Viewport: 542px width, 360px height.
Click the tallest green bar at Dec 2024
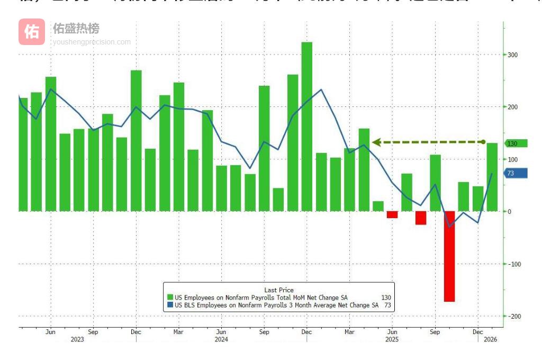[307, 127]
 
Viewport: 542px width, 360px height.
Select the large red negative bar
[449, 256]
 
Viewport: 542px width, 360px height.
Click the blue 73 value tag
[514, 173]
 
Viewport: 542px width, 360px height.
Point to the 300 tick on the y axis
[512, 55]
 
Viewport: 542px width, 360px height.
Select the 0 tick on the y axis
[509, 212]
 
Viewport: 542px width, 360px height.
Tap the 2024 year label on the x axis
[221, 339]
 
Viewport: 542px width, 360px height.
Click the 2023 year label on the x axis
[77, 339]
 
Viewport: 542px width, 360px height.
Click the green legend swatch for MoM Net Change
[170, 298]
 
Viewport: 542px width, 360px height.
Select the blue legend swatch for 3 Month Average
[170, 305]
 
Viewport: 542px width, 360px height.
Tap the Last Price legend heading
[279, 290]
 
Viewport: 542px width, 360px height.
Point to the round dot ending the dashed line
[483, 142]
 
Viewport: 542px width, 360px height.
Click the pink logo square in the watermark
[32, 32]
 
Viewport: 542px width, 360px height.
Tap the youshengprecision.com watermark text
[92, 42]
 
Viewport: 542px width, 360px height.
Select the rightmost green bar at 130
[492, 177]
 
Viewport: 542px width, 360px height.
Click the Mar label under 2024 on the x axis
[178, 332]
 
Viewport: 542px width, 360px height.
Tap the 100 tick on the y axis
[512, 159]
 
